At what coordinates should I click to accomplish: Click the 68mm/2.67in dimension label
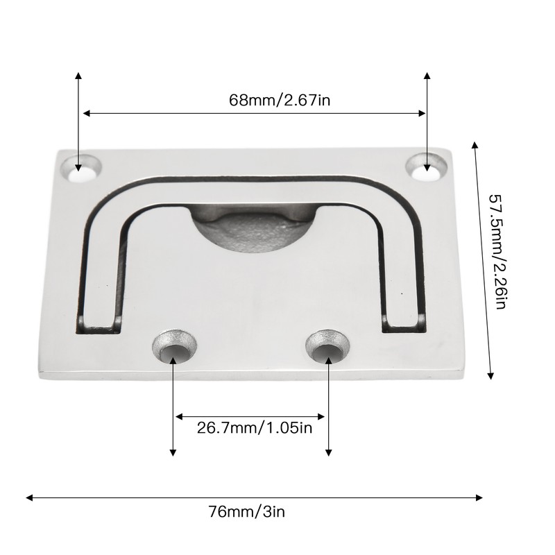click(279, 99)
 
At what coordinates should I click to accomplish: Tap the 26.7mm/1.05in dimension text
click(255, 428)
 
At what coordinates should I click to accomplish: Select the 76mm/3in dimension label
click(246, 513)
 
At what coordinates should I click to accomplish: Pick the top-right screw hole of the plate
click(427, 166)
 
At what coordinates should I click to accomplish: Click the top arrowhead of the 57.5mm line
click(475, 146)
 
